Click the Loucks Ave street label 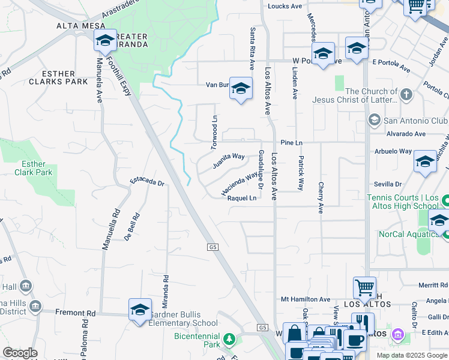point(285,6)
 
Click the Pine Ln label point(291,143)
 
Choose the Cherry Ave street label point(321,198)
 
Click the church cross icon point(406,95)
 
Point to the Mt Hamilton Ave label point(306,299)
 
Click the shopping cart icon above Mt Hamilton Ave point(364,286)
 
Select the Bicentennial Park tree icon point(229,340)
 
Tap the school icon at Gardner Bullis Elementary point(140,310)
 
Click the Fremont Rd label point(75,313)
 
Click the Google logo point(20,353)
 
